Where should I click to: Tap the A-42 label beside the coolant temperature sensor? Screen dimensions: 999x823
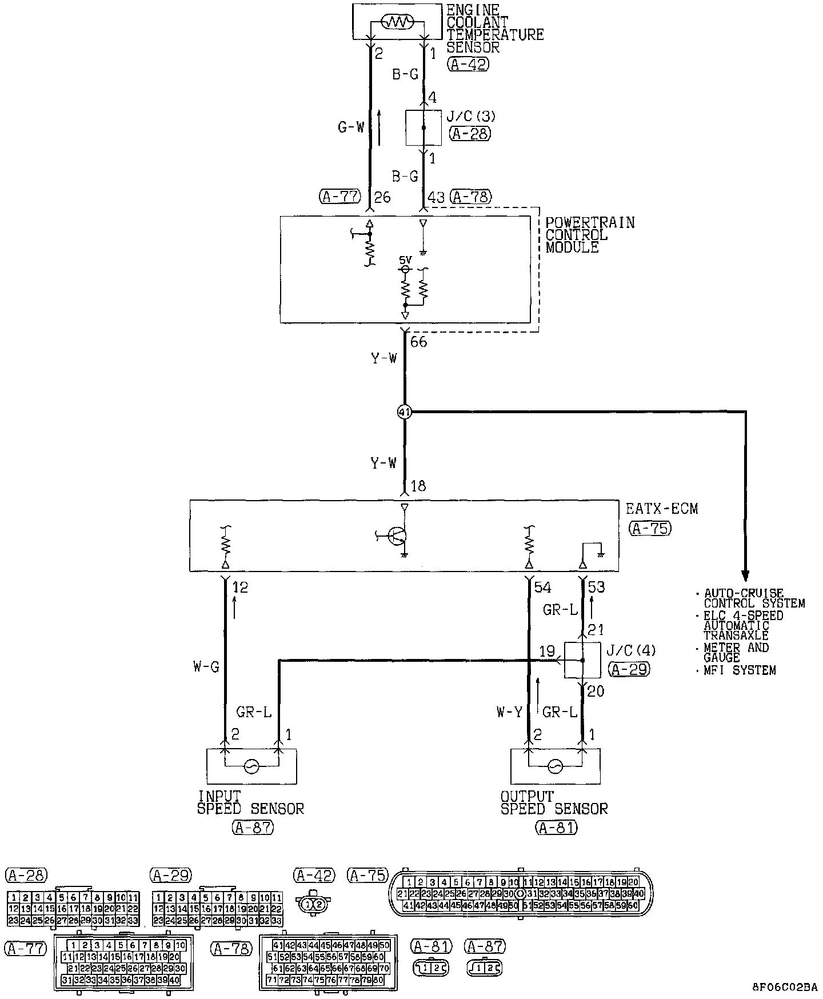pos(468,64)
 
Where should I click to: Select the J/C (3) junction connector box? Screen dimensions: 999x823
pos(423,128)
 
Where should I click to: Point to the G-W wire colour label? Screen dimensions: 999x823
pos(350,127)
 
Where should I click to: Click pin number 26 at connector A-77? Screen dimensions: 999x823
pos(382,198)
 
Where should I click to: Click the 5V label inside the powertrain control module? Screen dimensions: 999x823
pos(405,259)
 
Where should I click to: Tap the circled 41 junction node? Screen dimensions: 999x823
pos(405,411)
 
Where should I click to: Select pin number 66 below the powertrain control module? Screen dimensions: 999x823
pos(419,342)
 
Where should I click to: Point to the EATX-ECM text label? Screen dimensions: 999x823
pos(662,509)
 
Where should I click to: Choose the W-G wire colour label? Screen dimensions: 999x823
pos(206,666)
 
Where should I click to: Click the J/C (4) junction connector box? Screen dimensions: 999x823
pos(582,660)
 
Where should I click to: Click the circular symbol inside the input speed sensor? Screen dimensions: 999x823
pos(251,766)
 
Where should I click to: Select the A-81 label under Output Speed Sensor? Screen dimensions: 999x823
pos(556,827)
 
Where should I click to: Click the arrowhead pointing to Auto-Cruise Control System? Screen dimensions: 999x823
pos(745,574)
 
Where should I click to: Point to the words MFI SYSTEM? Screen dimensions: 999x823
pos(740,670)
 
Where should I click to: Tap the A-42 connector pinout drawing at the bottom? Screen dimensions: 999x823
pos(314,904)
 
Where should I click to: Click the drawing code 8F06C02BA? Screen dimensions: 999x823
pos(784,987)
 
